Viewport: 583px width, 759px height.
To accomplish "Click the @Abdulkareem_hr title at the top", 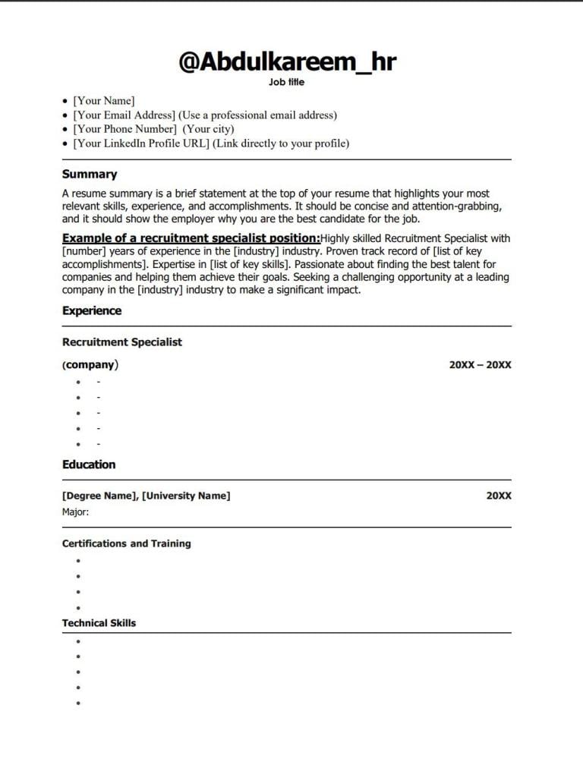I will click(x=287, y=61).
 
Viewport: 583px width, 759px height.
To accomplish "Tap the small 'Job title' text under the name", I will click(x=286, y=83).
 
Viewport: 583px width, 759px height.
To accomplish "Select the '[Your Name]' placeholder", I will click(x=103, y=101).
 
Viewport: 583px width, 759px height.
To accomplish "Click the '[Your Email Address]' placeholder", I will click(x=124, y=115).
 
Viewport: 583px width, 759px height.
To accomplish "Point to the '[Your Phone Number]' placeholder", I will click(x=124, y=129).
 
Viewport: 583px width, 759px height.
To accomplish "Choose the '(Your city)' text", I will click(x=208, y=129).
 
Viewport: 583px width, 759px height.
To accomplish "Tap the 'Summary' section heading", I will click(x=90, y=175).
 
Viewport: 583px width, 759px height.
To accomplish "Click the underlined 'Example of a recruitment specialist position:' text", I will click(x=191, y=238).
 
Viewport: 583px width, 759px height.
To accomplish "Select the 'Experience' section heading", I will click(x=92, y=310).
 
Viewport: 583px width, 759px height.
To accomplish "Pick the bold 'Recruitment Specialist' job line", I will click(x=122, y=342).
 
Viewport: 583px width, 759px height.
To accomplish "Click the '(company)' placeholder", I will click(x=90, y=365).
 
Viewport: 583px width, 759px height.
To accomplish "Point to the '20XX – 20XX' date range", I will click(x=480, y=365).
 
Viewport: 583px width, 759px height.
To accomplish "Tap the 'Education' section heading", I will click(x=89, y=465).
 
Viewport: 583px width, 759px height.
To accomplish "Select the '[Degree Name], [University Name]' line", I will click(x=146, y=496).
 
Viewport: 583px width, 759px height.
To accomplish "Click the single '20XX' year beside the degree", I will click(x=499, y=496).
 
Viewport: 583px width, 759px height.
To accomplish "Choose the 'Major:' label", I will click(x=75, y=512).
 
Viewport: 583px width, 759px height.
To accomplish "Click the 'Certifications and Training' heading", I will click(x=126, y=543).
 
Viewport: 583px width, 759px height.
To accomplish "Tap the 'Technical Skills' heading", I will click(x=99, y=623).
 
